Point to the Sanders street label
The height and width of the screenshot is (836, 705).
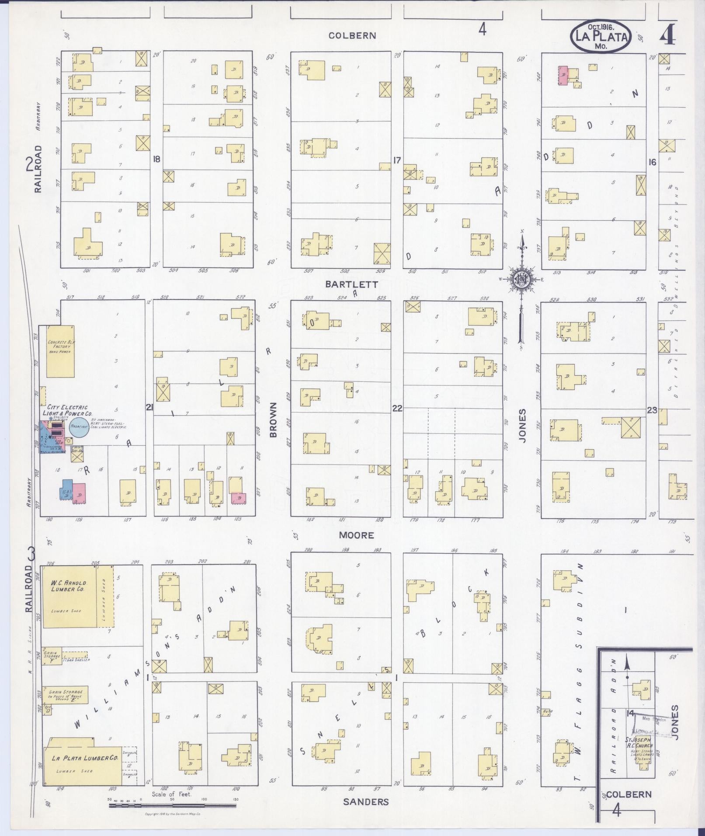click(365, 801)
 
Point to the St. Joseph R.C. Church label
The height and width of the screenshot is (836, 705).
click(639, 742)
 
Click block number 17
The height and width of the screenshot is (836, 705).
click(396, 160)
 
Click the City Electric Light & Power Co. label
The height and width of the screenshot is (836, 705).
click(67, 410)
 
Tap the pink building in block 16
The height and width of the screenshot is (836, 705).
click(563, 76)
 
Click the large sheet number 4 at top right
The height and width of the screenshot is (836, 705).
click(667, 33)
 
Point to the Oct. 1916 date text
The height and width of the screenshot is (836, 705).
click(600, 27)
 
